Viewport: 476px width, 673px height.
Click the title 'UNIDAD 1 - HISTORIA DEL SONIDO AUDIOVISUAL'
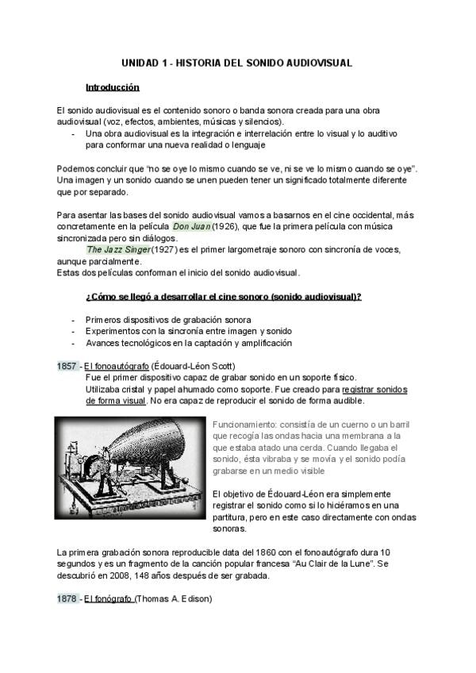click(237, 62)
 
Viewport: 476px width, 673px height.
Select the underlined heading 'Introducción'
click(113, 87)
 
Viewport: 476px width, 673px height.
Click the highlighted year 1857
click(67, 366)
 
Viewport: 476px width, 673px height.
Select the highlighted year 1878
click(67, 598)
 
